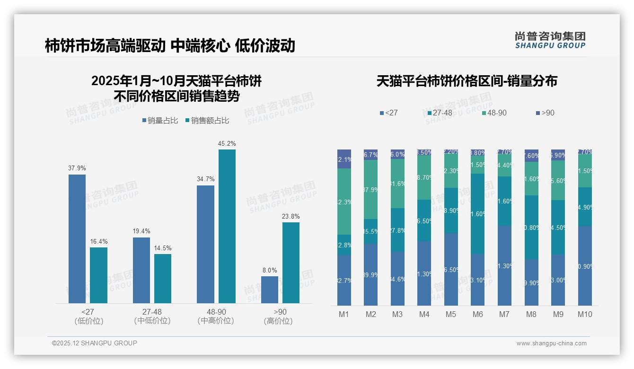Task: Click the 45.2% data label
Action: point(227,143)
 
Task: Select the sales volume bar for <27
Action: point(77,239)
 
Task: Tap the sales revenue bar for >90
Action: point(291,263)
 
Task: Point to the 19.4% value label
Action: point(141,231)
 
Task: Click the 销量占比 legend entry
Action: point(160,121)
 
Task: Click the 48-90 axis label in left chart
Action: point(216,312)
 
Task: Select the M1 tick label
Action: point(344,314)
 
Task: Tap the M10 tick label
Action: point(585,314)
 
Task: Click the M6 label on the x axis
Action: point(478,314)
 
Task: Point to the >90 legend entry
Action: point(545,113)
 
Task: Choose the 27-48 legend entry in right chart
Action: point(440,113)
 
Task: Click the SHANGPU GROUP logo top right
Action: point(550,40)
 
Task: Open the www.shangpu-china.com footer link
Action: point(551,343)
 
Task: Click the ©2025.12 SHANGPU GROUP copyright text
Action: point(95,343)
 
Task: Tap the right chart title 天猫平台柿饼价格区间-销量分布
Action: point(467,81)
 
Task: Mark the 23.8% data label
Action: point(291,216)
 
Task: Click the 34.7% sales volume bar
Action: point(205,244)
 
